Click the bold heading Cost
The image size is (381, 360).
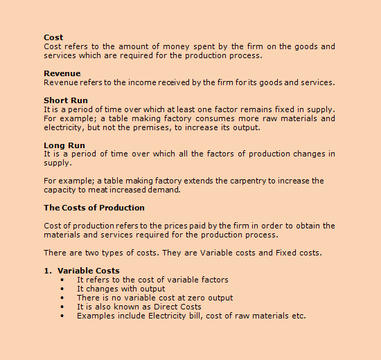53,37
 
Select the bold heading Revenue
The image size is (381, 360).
62,73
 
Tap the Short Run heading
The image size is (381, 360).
66,100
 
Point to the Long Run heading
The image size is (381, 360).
64,145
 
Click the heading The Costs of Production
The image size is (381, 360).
94,208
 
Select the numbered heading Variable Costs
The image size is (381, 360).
89,271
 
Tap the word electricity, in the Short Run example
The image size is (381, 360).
64,127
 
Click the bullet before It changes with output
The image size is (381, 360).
62,289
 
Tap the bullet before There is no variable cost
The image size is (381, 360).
62,298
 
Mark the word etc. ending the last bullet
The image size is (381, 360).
298,316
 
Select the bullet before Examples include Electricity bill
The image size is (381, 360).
62,316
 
